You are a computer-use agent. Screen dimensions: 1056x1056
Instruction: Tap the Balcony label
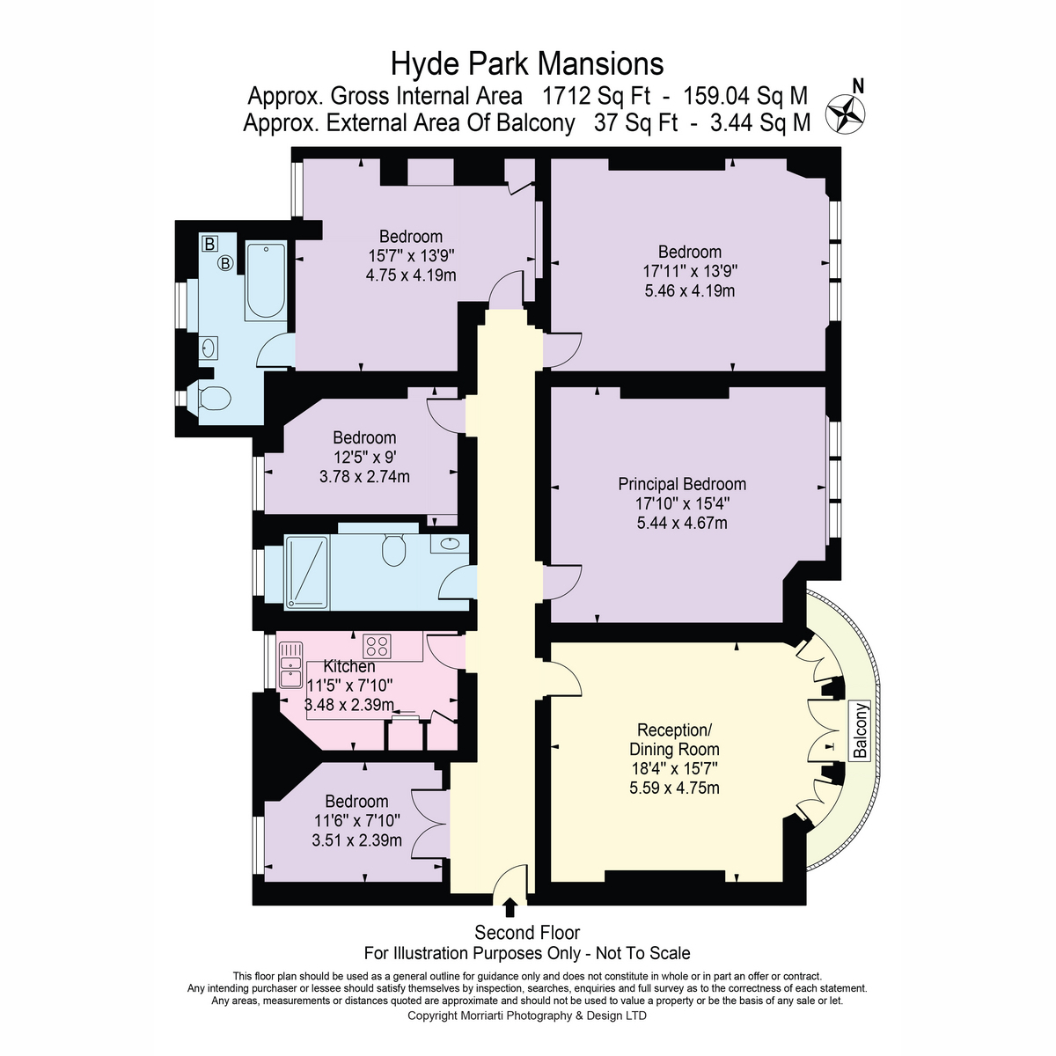(x=861, y=730)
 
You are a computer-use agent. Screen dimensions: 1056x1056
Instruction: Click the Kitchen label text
(x=349, y=666)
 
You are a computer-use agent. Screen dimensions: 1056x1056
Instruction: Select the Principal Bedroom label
(x=682, y=484)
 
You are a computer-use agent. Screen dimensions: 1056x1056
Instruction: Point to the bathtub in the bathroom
(x=265, y=281)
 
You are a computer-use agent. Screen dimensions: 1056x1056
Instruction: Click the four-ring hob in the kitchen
(x=377, y=645)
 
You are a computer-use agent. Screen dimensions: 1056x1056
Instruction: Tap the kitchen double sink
(x=290, y=664)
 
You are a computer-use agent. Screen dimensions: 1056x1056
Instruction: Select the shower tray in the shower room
(x=306, y=573)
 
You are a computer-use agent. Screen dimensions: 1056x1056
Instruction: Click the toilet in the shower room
(x=393, y=549)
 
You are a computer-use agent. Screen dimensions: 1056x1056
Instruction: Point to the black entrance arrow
(x=510, y=907)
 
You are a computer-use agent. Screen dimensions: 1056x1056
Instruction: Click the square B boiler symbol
(x=210, y=243)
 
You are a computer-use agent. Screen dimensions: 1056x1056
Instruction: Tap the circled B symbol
(x=225, y=264)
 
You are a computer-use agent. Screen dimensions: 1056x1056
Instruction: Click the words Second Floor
(x=526, y=932)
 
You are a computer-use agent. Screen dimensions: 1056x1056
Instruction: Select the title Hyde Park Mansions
(x=526, y=63)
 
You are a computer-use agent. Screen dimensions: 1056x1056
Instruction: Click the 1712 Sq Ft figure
(x=596, y=96)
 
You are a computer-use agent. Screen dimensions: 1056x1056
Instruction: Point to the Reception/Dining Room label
(x=674, y=739)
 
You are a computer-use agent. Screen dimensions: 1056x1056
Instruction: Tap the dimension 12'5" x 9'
(x=364, y=457)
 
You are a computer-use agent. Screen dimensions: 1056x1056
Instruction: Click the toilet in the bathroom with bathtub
(x=214, y=397)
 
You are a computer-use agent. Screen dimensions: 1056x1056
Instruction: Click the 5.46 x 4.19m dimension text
(x=689, y=290)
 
